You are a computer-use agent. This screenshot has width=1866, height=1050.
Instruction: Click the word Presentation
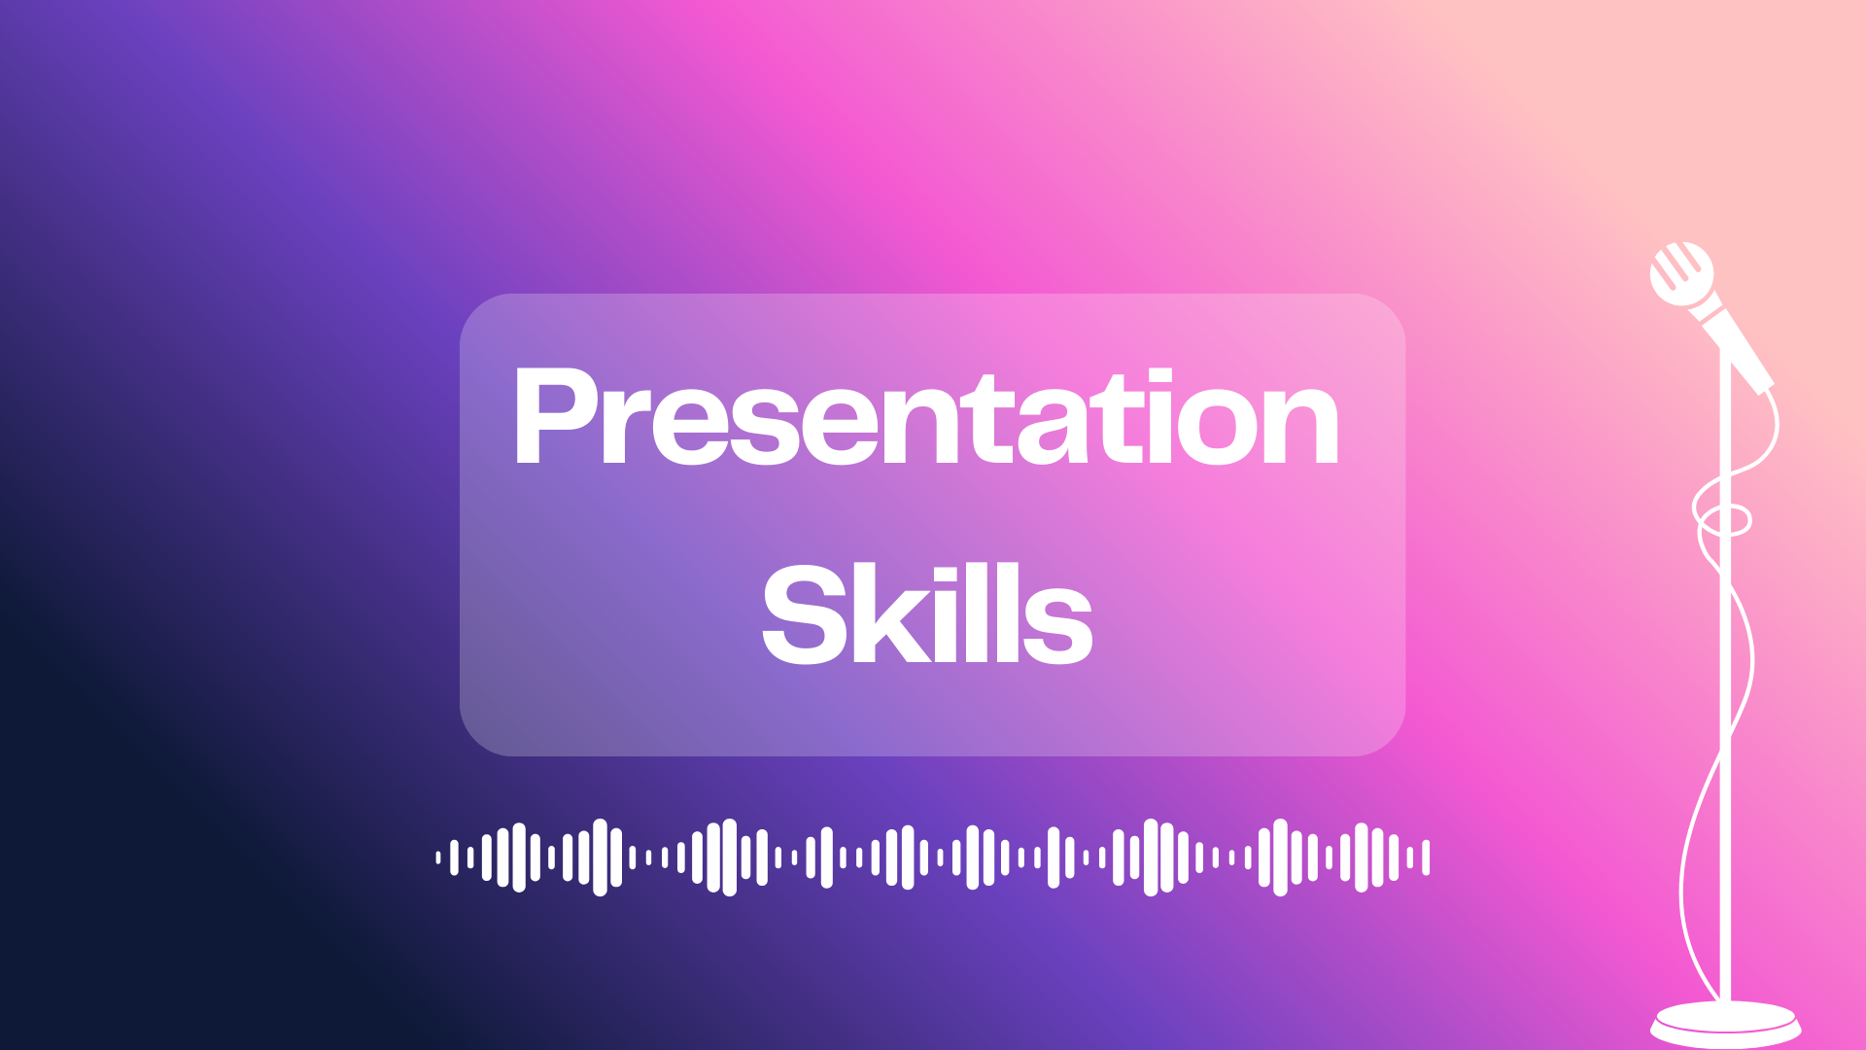point(926,418)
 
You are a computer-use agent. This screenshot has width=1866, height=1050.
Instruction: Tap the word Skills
point(927,614)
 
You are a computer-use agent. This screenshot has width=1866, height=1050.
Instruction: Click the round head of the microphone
point(1681,273)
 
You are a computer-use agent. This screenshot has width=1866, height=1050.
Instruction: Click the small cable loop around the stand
point(1722,519)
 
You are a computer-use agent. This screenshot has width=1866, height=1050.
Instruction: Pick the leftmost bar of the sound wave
point(438,857)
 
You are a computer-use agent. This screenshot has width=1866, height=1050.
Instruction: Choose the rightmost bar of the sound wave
point(1426,857)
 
